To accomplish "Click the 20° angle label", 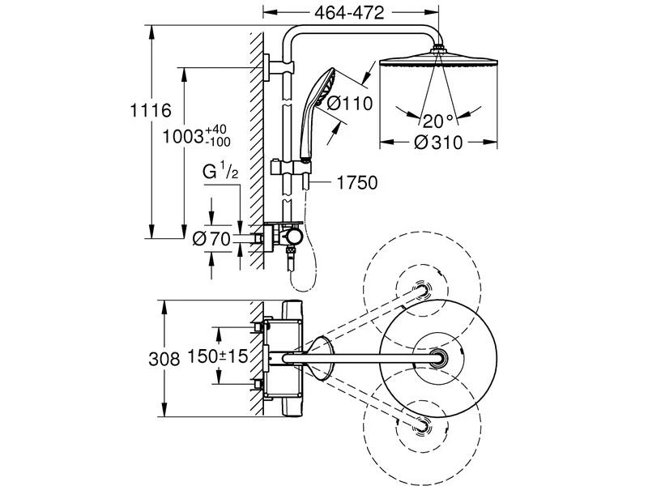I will [x=437, y=121].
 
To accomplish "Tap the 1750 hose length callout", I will [x=356, y=183].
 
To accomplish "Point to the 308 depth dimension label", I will [x=164, y=359].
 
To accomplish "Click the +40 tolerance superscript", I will [x=216, y=129].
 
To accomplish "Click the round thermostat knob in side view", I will [x=293, y=237].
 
